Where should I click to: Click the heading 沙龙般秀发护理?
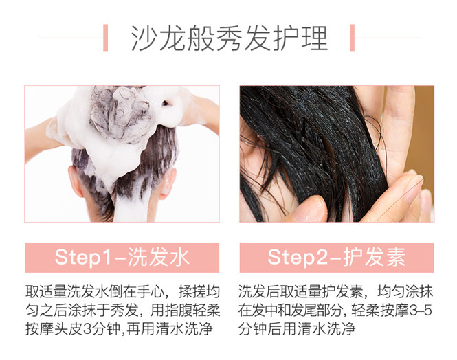(230, 38)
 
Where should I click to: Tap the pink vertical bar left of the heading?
(106, 38)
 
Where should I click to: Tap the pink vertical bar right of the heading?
(352, 38)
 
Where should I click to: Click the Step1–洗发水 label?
(122, 258)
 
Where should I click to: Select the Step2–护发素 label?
(337, 258)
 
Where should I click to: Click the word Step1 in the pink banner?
(83, 258)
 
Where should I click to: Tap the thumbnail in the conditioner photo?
(414, 187)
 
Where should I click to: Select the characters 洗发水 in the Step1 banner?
(159, 258)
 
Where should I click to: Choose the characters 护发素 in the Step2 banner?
(375, 258)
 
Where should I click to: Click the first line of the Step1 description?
(122, 291)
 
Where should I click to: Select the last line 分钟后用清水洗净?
(297, 329)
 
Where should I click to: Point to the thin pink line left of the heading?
(71, 38)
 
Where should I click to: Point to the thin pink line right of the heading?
(386, 38)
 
